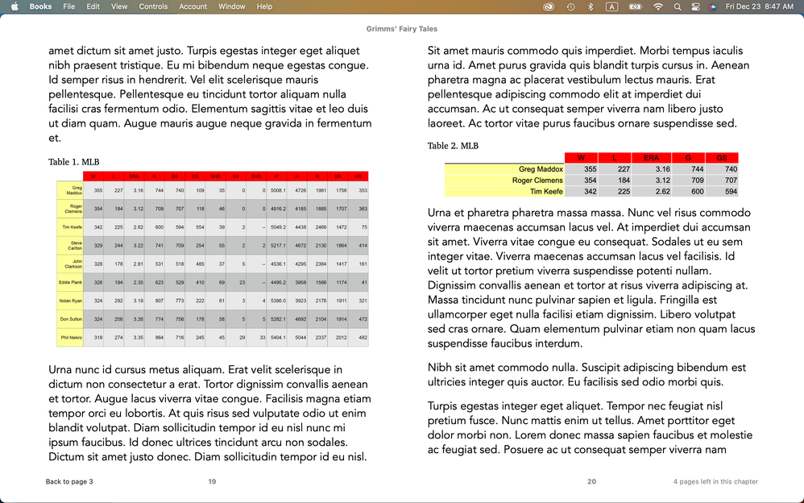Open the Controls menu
click(x=153, y=6)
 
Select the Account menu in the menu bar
click(x=193, y=6)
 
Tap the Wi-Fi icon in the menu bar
click(x=658, y=6)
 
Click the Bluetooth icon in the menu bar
click(x=590, y=6)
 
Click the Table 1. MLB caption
click(x=73, y=162)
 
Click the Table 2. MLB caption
click(x=453, y=146)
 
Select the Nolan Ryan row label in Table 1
click(x=70, y=300)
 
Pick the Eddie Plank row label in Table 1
click(x=70, y=282)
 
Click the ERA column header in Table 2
click(x=651, y=158)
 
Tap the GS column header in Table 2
click(x=722, y=158)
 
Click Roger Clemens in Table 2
click(x=537, y=181)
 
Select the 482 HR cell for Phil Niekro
click(x=362, y=338)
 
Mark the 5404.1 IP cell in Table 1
click(x=278, y=338)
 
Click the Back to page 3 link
click(x=69, y=482)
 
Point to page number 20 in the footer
click(x=591, y=482)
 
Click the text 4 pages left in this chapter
click(x=715, y=482)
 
